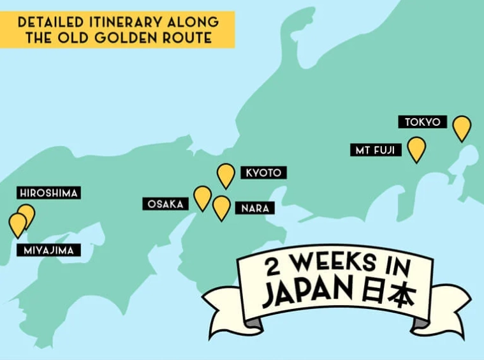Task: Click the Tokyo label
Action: pos(422,122)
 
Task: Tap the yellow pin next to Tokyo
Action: pos(462,127)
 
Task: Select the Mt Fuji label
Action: pos(375,150)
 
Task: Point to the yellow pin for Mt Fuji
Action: pos(416,148)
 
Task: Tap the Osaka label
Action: pos(165,204)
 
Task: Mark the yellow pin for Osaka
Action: pos(203,197)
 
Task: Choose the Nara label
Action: pos(255,208)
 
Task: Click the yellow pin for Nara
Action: pos(221,207)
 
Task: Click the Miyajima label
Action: pos(49,250)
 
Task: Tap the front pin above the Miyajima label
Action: pos(18,223)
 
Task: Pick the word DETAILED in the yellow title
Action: pos(45,22)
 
